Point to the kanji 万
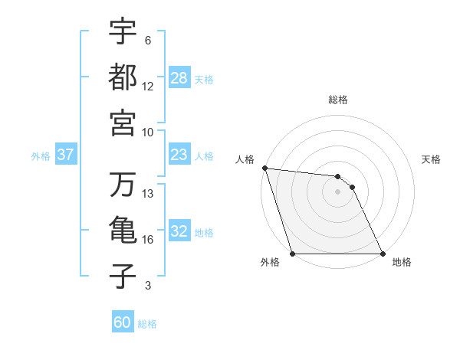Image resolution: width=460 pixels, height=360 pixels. (123, 185)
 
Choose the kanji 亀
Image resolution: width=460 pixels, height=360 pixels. (123, 231)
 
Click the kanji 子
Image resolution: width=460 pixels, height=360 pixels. (123, 277)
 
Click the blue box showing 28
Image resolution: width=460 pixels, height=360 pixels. (179, 78)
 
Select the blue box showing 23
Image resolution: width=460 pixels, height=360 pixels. (179, 155)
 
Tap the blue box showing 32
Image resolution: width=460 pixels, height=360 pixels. (179, 232)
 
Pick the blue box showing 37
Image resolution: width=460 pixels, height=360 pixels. (65, 155)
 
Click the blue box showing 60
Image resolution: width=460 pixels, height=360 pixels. (123, 322)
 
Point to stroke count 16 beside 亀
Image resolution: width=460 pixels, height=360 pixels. (148, 240)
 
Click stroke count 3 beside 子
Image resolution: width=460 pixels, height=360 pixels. (147, 286)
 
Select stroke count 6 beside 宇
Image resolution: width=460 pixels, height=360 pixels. (147, 40)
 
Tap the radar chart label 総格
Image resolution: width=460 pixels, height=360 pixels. (338, 100)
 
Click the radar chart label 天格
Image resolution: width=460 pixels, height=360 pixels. (432, 159)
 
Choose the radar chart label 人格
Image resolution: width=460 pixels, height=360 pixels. (245, 159)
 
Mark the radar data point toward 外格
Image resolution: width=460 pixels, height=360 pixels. (292, 254)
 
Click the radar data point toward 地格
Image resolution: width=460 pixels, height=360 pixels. (383, 254)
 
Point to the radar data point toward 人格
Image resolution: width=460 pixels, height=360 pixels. (264, 168)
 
